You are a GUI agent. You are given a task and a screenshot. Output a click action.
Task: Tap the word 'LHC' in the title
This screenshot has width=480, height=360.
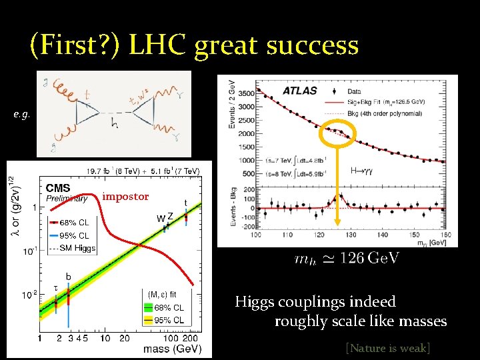pos(159,45)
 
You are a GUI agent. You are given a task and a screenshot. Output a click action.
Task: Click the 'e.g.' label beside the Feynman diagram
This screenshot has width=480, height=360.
pos(21,115)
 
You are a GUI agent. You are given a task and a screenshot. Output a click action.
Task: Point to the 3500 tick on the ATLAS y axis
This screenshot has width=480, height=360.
pos(245,93)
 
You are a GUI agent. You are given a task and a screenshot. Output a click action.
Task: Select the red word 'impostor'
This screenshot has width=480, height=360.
pos(125,197)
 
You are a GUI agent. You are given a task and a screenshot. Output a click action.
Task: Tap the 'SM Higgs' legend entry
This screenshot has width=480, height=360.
pos(78,248)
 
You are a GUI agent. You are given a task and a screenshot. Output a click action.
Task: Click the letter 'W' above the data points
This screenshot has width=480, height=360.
pos(161,218)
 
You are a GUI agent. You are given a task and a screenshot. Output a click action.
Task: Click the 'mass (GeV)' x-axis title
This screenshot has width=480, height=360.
pos(172,349)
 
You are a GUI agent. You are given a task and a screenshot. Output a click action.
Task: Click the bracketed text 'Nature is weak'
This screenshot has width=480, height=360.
pos(387,347)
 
